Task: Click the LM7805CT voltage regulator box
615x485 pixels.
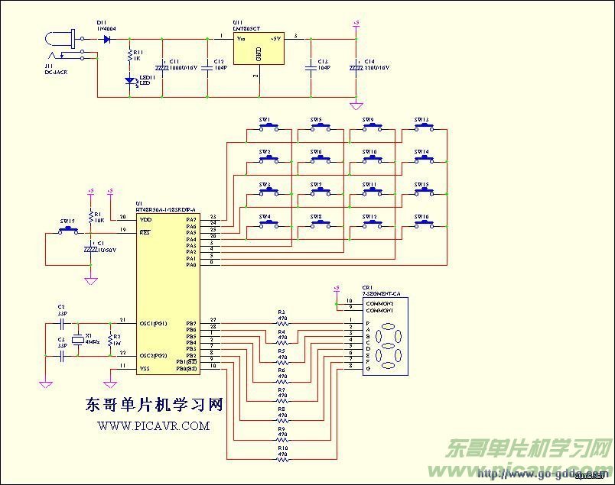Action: [x=258, y=48]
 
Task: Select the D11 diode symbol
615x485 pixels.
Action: [x=106, y=38]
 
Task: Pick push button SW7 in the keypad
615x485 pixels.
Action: [x=317, y=192]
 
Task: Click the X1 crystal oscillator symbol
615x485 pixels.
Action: [x=76, y=341]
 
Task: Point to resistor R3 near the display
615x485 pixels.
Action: [x=282, y=320]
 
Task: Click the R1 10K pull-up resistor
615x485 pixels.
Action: [x=91, y=217]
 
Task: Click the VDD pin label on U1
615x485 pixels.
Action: [x=145, y=219]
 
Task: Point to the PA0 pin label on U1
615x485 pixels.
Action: [x=190, y=264]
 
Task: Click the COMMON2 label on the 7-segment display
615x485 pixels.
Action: [x=379, y=303]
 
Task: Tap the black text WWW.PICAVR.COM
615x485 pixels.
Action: [x=153, y=426]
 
